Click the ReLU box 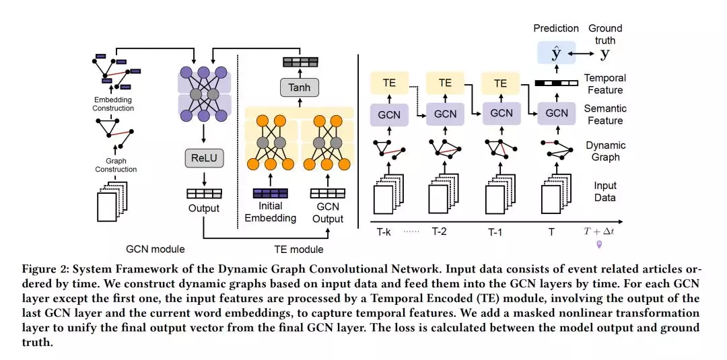coord(203,158)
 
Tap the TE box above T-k coord(389,83)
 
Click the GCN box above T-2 coord(445,114)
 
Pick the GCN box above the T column coord(557,114)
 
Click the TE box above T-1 coord(500,83)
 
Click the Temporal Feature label coord(604,84)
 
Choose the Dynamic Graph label coord(605,151)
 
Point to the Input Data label coord(604,192)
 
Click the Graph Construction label coord(115,166)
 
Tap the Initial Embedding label coord(270,213)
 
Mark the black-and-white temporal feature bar coord(556,83)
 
